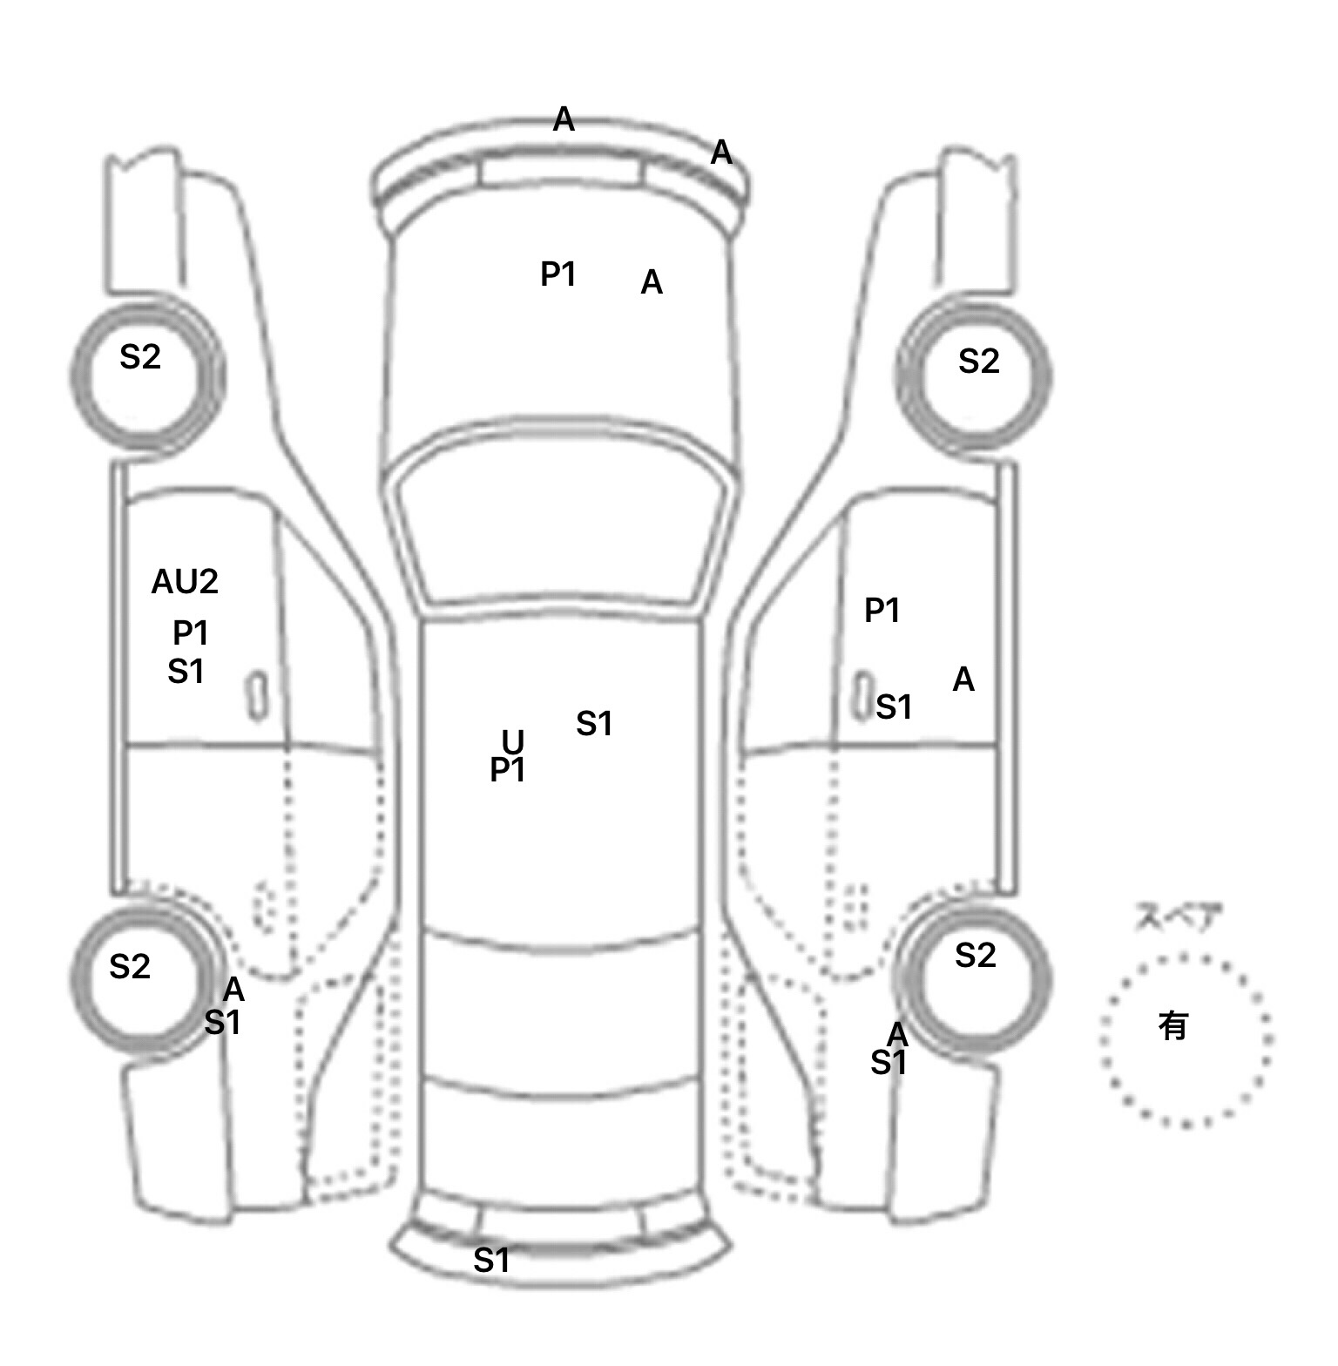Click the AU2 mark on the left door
[185, 582]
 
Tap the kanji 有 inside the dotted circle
[1172, 1026]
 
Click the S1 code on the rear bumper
[491, 1260]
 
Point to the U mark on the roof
[513, 741]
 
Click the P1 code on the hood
[558, 274]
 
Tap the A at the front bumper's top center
[564, 119]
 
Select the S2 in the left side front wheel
[139, 356]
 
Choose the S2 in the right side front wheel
[978, 361]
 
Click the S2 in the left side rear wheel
[130, 966]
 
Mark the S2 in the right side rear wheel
[975, 956]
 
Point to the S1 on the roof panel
[594, 723]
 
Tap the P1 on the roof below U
[508, 770]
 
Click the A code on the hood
[652, 283]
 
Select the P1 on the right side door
[882, 611]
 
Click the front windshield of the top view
[562, 523]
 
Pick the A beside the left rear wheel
[233, 990]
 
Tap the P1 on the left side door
[190, 632]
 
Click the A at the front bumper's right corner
[721, 152]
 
